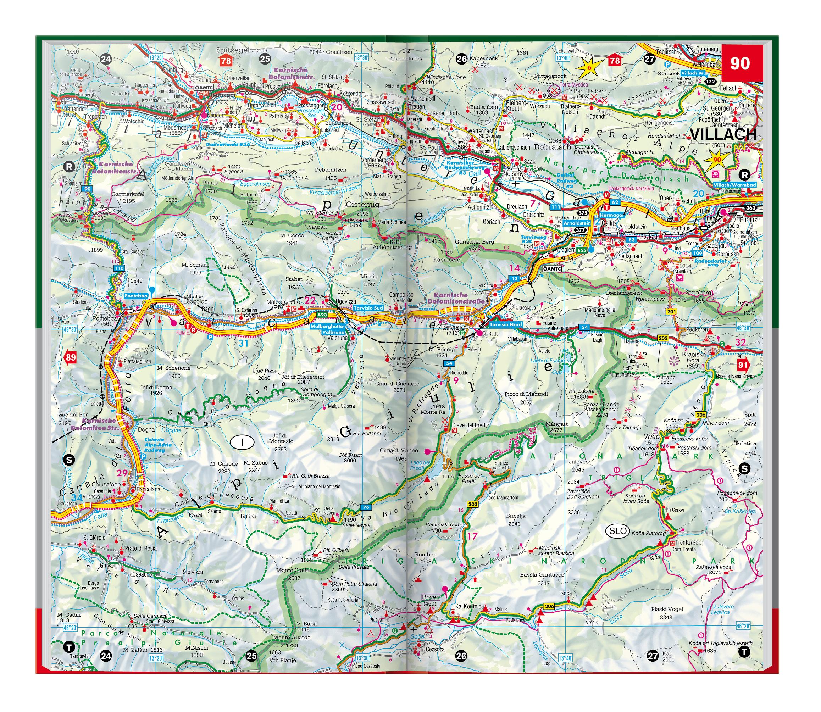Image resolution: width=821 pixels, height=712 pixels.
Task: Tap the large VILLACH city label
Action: click(x=723, y=135)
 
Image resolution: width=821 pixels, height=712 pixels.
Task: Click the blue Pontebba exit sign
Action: click(x=136, y=296)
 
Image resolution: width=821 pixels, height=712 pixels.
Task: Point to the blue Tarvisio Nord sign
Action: click(x=505, y=324)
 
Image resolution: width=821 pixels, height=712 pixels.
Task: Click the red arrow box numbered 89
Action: click(x=70, y=357)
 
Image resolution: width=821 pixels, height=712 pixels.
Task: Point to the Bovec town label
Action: click(x=431, y=597)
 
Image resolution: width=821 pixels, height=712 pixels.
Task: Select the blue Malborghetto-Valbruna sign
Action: click(x=328, y=329)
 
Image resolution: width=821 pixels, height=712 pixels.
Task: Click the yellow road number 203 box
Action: click(x=472, y=504)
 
